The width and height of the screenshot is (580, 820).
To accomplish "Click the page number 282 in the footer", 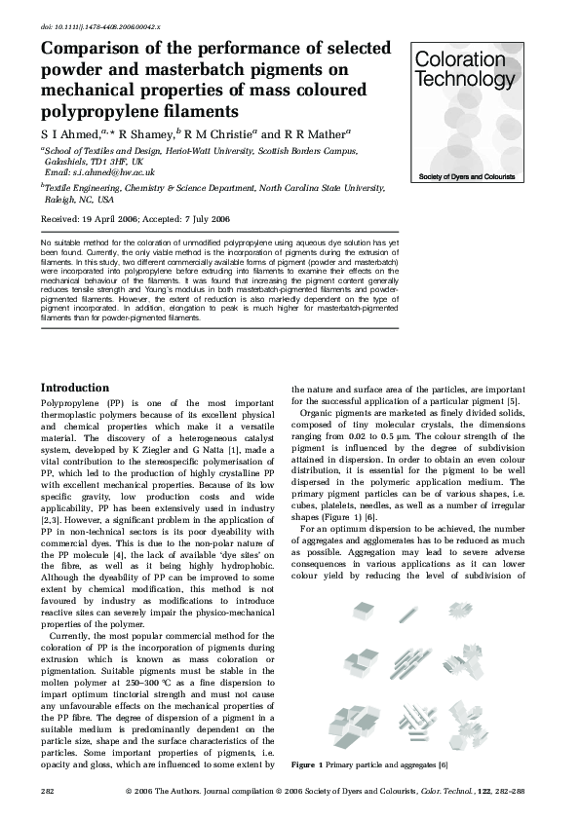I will pyautogui.click(x=47, y=792).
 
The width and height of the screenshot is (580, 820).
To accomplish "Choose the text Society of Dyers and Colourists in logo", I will pyautogui.click(x=474, y=177).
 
